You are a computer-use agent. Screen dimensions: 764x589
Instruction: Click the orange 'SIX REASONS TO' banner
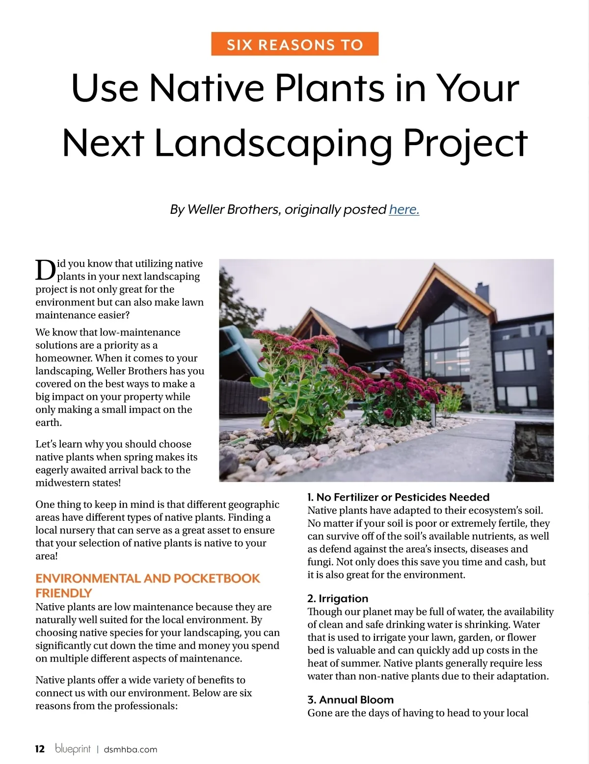coord(294,44)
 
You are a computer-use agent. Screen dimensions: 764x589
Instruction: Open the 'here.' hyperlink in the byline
coord(404,209)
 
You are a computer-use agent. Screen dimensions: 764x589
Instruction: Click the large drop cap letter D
coord(46,270)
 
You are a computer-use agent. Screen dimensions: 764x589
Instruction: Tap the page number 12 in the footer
coord(40,749)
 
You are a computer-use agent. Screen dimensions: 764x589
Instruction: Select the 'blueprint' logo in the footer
coord(73,748)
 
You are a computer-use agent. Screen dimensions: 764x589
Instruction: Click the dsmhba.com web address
coord(131,749)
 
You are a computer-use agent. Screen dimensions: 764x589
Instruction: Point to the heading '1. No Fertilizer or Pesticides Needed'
coord(398,497)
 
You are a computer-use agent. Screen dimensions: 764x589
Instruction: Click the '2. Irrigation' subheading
coord(338,598)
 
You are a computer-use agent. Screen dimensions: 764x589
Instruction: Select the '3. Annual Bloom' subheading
coord(350,700)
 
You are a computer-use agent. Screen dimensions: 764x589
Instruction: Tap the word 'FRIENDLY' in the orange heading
coord(64,593)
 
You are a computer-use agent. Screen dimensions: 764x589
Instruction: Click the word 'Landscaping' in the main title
coord(273,143)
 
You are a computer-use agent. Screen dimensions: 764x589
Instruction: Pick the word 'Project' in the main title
coord(465,143)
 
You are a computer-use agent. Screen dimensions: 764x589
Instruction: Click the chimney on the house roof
coord(482,293)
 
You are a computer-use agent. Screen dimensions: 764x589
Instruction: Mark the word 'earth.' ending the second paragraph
coord(49,422)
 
